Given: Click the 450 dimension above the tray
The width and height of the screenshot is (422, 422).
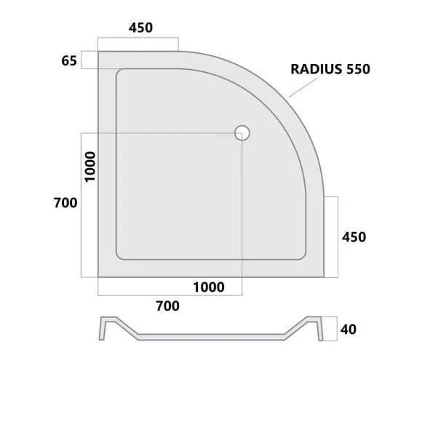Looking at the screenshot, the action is coord(140,28).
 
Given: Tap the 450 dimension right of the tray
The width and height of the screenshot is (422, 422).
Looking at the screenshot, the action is coord(354,237).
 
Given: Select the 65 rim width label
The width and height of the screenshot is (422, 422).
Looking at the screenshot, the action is coord(69,60).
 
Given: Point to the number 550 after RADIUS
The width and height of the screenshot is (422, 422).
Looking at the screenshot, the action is coord(358,69).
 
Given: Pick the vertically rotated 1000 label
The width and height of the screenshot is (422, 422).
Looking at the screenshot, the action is coord(90,167).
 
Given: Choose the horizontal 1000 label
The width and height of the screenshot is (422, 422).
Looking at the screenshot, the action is coord(209,287).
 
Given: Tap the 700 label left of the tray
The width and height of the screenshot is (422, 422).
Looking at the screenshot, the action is coord(65,203).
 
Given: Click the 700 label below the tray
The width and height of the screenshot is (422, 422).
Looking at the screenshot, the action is coord(167,306).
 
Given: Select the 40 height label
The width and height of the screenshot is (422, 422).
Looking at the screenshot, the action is coord(349,329).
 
